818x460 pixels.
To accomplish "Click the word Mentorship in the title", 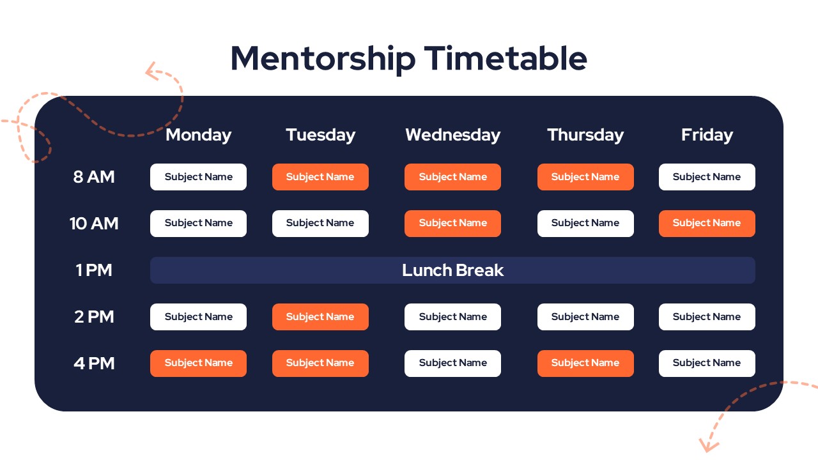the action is (x=323, y=59).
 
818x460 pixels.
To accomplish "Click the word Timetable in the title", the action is (x=505, y=58).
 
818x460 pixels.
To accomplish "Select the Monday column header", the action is (x=198, y=135).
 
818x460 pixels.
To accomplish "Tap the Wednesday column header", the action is (x=453, y=135).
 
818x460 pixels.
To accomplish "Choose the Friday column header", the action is (x=707, y=135).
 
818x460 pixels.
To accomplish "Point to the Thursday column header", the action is (x=585, y=135).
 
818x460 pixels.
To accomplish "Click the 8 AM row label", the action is (x=94, y=177).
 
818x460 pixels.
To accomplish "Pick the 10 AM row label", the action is (x=94, y=224).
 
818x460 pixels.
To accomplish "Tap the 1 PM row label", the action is (x=94, y=270).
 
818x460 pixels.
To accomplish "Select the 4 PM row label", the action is (x=94, y=364).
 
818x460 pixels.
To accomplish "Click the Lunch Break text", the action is (x=453, y=270).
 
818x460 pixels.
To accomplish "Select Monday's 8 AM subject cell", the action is (x=198, y=177).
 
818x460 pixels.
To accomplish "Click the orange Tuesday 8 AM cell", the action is (x=320, y=177).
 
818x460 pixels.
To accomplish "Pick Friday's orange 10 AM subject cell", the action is (x=707, y=224).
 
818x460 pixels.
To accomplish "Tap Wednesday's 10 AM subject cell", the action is (x=453, y=224).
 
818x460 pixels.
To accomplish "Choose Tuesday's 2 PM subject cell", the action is (x=320, y=317).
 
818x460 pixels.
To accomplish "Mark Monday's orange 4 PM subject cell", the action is (x=198, y=364).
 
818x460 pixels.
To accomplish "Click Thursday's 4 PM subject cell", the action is (x=585, y=364).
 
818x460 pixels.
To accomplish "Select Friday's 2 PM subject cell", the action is (x=707, y=317).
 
